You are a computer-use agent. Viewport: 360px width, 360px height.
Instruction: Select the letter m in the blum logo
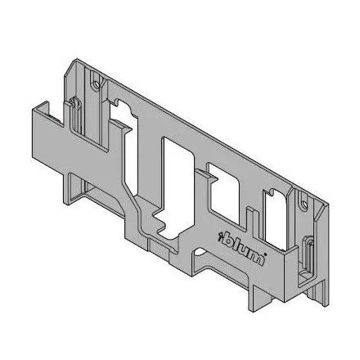254,256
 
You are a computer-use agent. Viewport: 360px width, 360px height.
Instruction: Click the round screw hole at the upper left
96,83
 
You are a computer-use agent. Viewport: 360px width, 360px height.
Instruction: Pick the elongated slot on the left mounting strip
74,115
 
